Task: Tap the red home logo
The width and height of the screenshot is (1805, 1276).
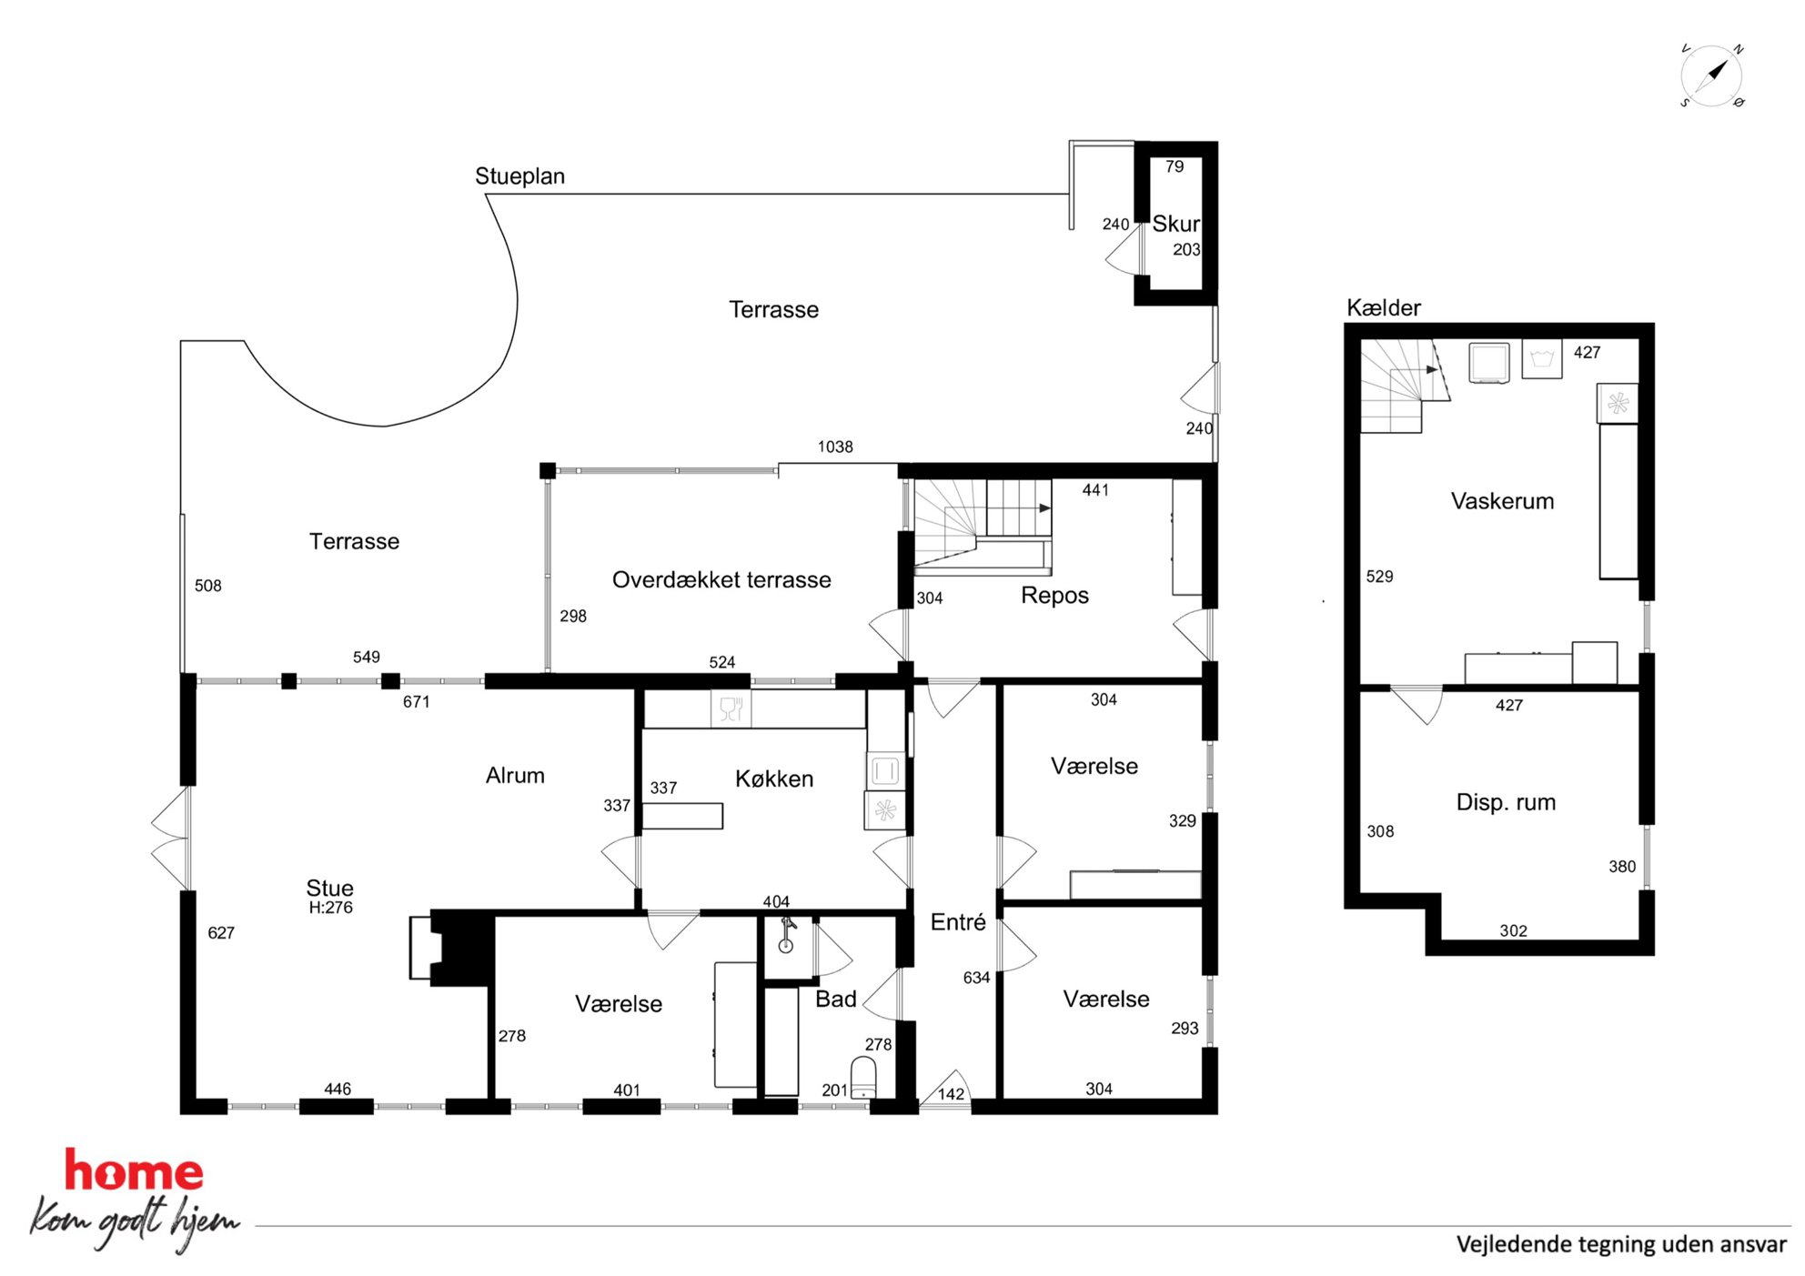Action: (134, 1171)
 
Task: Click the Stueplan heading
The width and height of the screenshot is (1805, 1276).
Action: (519, 176)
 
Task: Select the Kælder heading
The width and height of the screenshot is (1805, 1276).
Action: (1383, 308)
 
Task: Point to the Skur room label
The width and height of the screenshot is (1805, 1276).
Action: (1175, 224)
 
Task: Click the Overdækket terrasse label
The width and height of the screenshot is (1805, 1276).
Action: (721, 579)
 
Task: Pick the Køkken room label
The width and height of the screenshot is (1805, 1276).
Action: (774, 779)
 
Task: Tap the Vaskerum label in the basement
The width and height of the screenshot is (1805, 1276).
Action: (1502, 501)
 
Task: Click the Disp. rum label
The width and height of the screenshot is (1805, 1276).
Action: (1506, 802)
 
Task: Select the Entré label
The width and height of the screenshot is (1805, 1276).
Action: (958, 922)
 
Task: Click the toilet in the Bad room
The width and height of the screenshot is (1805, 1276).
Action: (862, 1078)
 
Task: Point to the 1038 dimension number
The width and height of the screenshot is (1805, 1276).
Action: (835, 447)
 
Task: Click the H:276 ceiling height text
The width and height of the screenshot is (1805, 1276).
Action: (330, 908)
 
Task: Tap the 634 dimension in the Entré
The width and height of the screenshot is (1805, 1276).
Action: (976, 978)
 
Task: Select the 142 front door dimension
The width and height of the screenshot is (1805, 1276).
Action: (951, 1094)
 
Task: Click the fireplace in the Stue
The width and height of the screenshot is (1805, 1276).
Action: (452, 948)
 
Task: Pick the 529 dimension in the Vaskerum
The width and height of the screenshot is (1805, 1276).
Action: (1379, 577)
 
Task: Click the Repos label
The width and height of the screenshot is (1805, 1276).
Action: (1054, 596)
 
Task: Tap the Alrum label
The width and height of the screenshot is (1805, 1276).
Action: (515, 776)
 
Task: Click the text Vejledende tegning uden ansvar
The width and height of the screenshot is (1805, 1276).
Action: (1621, 1244)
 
